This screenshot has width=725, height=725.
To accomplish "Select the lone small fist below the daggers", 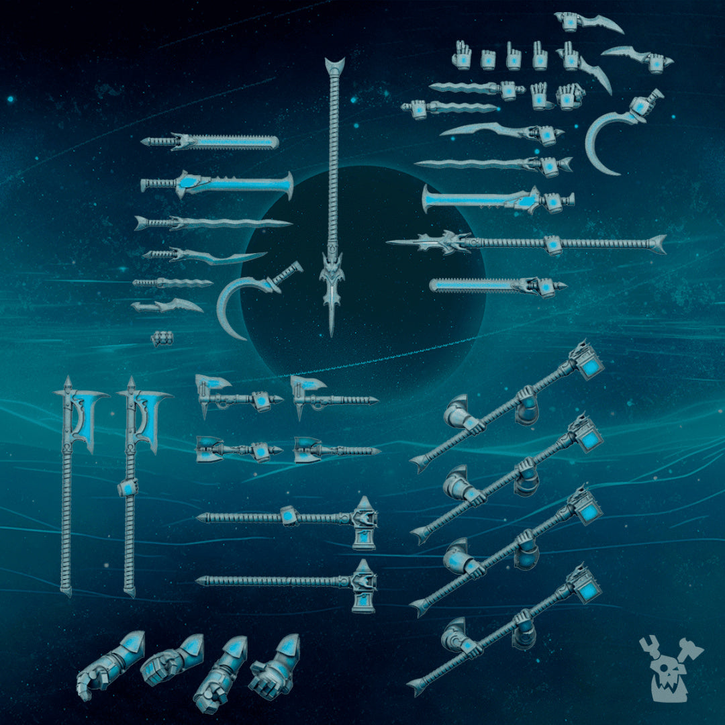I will coord(162,338).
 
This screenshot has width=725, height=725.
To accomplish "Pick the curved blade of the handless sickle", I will coord(235,305).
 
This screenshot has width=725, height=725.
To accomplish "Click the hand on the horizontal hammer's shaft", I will coord(289,516).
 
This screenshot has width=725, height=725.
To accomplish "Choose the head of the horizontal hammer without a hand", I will coord(363,586).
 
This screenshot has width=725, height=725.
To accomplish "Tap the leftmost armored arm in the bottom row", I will coord(111,665).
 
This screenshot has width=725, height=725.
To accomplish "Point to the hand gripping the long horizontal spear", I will coord(553,245).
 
